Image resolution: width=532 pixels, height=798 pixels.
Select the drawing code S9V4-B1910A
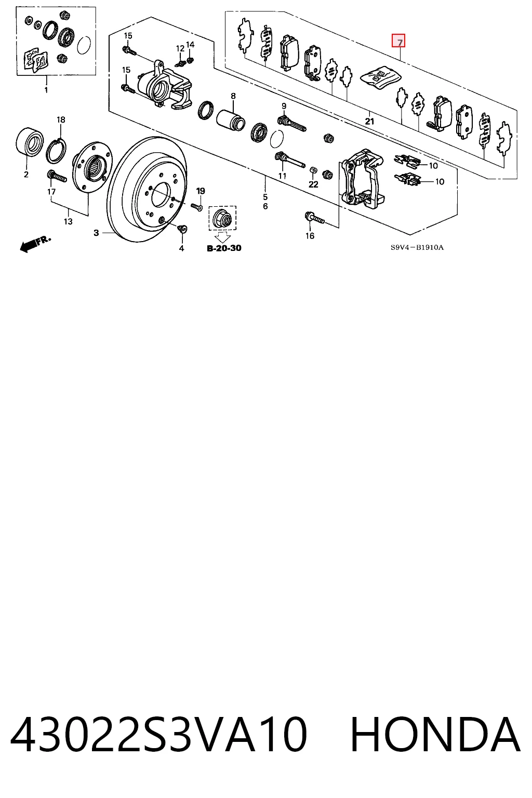pos(417,247)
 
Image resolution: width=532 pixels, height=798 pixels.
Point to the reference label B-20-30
pos(224,248)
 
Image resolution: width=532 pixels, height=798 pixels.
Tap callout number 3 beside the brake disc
pos(96,233)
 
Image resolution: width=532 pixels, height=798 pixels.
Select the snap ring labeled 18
pos(56,151)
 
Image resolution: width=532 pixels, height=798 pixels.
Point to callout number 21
pos(369,122)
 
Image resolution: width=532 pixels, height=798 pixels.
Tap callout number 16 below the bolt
pos(310,235)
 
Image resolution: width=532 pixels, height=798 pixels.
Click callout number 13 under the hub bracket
pos(68,222)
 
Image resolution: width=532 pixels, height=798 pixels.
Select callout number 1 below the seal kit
pos(46,90)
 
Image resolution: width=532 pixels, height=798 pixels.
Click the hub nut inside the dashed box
pos(222,218)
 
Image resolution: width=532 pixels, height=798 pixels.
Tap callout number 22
pos(313,184)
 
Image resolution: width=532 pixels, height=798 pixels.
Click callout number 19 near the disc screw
pos(201,191)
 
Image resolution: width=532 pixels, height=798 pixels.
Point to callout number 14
pos(190,45)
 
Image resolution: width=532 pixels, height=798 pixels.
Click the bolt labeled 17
pos(57,177)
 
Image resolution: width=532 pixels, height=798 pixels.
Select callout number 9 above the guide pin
pos(284,106)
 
